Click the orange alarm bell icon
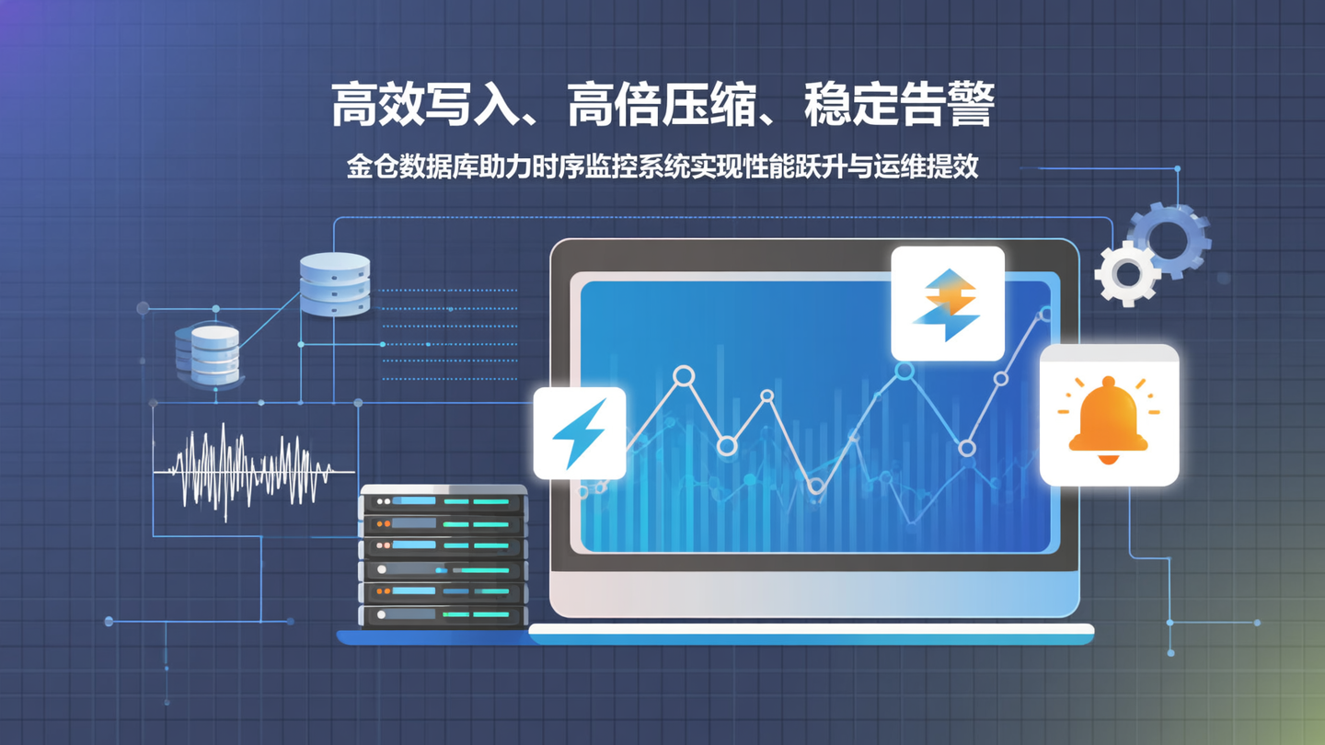(x=1108, y=418)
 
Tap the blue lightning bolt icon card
(x=580, y=432)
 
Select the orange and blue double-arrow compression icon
(x=948, y=304)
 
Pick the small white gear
(x=1126, y=273)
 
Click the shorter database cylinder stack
(x=208, y=354)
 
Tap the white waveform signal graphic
(x=248, y=471)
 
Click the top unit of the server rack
(x=443, y=502)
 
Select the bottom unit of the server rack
(x=443, y=614)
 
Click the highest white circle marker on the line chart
(x=1046, y=315)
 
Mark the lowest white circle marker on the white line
(x=816, y=486)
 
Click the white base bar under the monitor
(x=810, y=631)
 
